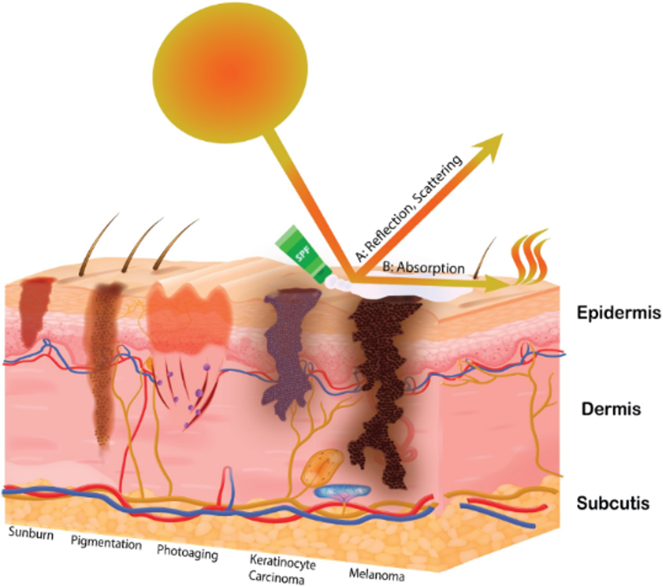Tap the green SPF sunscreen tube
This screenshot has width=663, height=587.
[303, 252]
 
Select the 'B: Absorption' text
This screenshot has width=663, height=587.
[422, 268]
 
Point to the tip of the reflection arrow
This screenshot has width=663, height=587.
[500, 136]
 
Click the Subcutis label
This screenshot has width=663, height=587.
[613, 503]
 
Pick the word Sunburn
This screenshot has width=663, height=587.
[30, 532]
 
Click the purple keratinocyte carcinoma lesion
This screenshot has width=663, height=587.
[288, 343]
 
